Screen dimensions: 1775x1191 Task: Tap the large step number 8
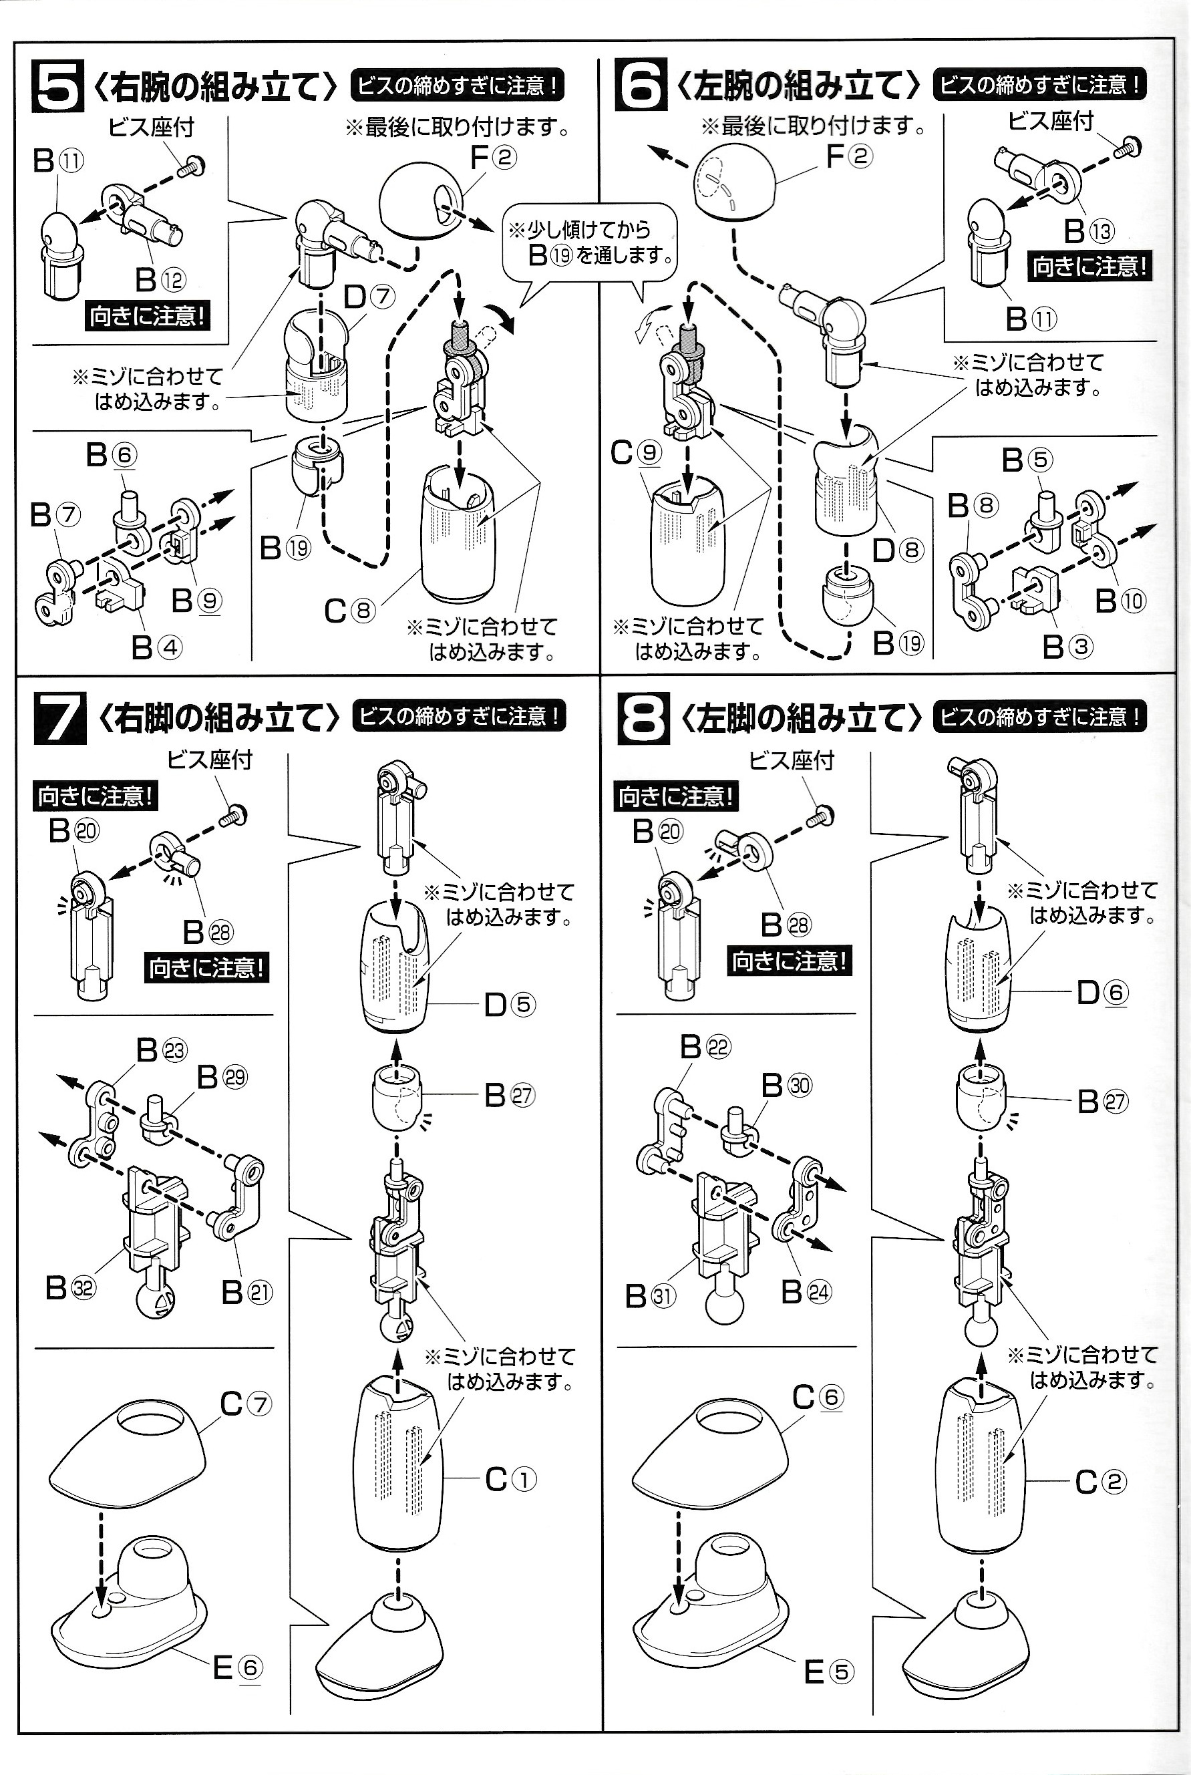click(643, 717)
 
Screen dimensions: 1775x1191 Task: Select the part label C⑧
click(349, 610)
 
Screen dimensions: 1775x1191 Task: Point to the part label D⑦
click(369, 296)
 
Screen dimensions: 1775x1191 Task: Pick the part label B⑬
click(1088, 230)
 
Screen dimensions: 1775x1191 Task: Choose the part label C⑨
click(635, 454)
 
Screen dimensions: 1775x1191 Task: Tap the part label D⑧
click(898, 549)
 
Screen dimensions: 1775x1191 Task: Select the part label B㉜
click(71, 1287)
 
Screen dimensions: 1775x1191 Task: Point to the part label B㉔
click(806, 1291)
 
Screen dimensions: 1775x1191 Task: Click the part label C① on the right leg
click(510, 1479)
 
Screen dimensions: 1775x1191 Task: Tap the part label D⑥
click(1102, 992)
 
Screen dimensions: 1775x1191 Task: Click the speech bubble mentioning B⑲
click(588, 243)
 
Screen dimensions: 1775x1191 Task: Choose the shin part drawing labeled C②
click(981, 1462)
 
